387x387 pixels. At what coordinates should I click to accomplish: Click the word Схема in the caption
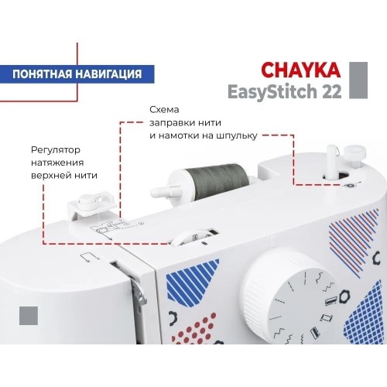[164, 109]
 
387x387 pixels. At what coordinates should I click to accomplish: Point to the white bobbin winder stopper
[355, 152]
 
